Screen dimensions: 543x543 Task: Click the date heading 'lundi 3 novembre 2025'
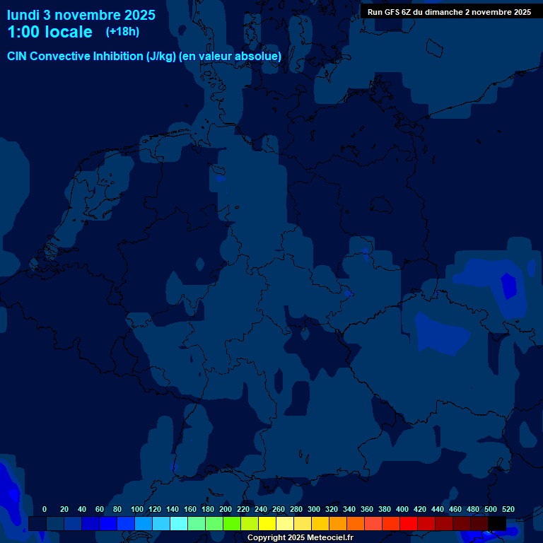81,14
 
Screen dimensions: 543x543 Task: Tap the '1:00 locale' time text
49,32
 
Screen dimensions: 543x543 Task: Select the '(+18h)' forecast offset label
122,31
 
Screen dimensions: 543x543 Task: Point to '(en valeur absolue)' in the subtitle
230,56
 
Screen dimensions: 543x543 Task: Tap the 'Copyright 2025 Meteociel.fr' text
300,537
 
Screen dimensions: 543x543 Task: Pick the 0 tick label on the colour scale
45,509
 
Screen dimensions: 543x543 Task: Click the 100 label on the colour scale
137,509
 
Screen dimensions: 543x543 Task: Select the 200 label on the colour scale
226,509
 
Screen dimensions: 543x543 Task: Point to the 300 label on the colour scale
314,509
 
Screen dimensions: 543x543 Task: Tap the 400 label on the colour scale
402,509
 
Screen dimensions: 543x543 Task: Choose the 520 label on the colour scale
508,509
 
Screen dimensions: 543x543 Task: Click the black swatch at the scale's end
497,523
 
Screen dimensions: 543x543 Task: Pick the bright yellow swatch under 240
267,523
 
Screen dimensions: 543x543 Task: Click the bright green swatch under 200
232,523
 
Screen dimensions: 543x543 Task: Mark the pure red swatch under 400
409,523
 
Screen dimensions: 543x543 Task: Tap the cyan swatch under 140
179,523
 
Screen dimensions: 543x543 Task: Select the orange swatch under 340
356,523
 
